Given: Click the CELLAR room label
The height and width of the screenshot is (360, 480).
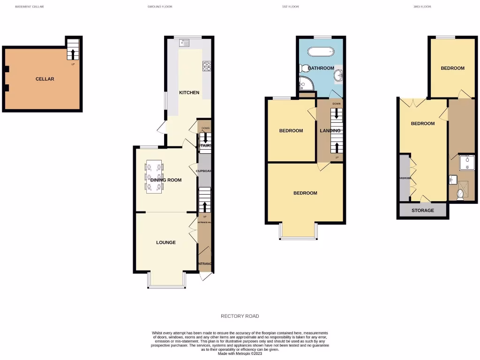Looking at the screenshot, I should [45, 79].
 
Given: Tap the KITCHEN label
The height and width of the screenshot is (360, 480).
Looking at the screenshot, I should [189, 92].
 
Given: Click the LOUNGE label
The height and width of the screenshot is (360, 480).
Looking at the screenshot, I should [166, 242].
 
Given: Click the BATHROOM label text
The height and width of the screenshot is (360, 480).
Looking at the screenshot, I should [321, 68].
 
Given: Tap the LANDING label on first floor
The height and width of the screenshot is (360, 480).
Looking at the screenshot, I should [327, 131].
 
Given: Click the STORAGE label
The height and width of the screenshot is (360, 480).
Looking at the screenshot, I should [423, 210].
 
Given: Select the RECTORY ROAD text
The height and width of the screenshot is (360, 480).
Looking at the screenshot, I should [240, 316].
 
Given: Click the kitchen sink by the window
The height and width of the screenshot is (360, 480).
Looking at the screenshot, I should [184, 44].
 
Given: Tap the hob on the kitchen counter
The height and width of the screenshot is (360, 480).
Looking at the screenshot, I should [207, 66].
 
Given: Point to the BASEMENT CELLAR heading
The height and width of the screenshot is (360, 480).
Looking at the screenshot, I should [29, 7].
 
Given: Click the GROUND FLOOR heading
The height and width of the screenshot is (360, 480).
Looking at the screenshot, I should [160, 7].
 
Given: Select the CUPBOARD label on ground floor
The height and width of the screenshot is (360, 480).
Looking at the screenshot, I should [205, 171].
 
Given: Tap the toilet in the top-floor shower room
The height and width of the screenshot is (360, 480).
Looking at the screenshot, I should [460, 195].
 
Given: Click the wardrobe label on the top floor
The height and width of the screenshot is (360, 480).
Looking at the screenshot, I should [404, 178].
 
